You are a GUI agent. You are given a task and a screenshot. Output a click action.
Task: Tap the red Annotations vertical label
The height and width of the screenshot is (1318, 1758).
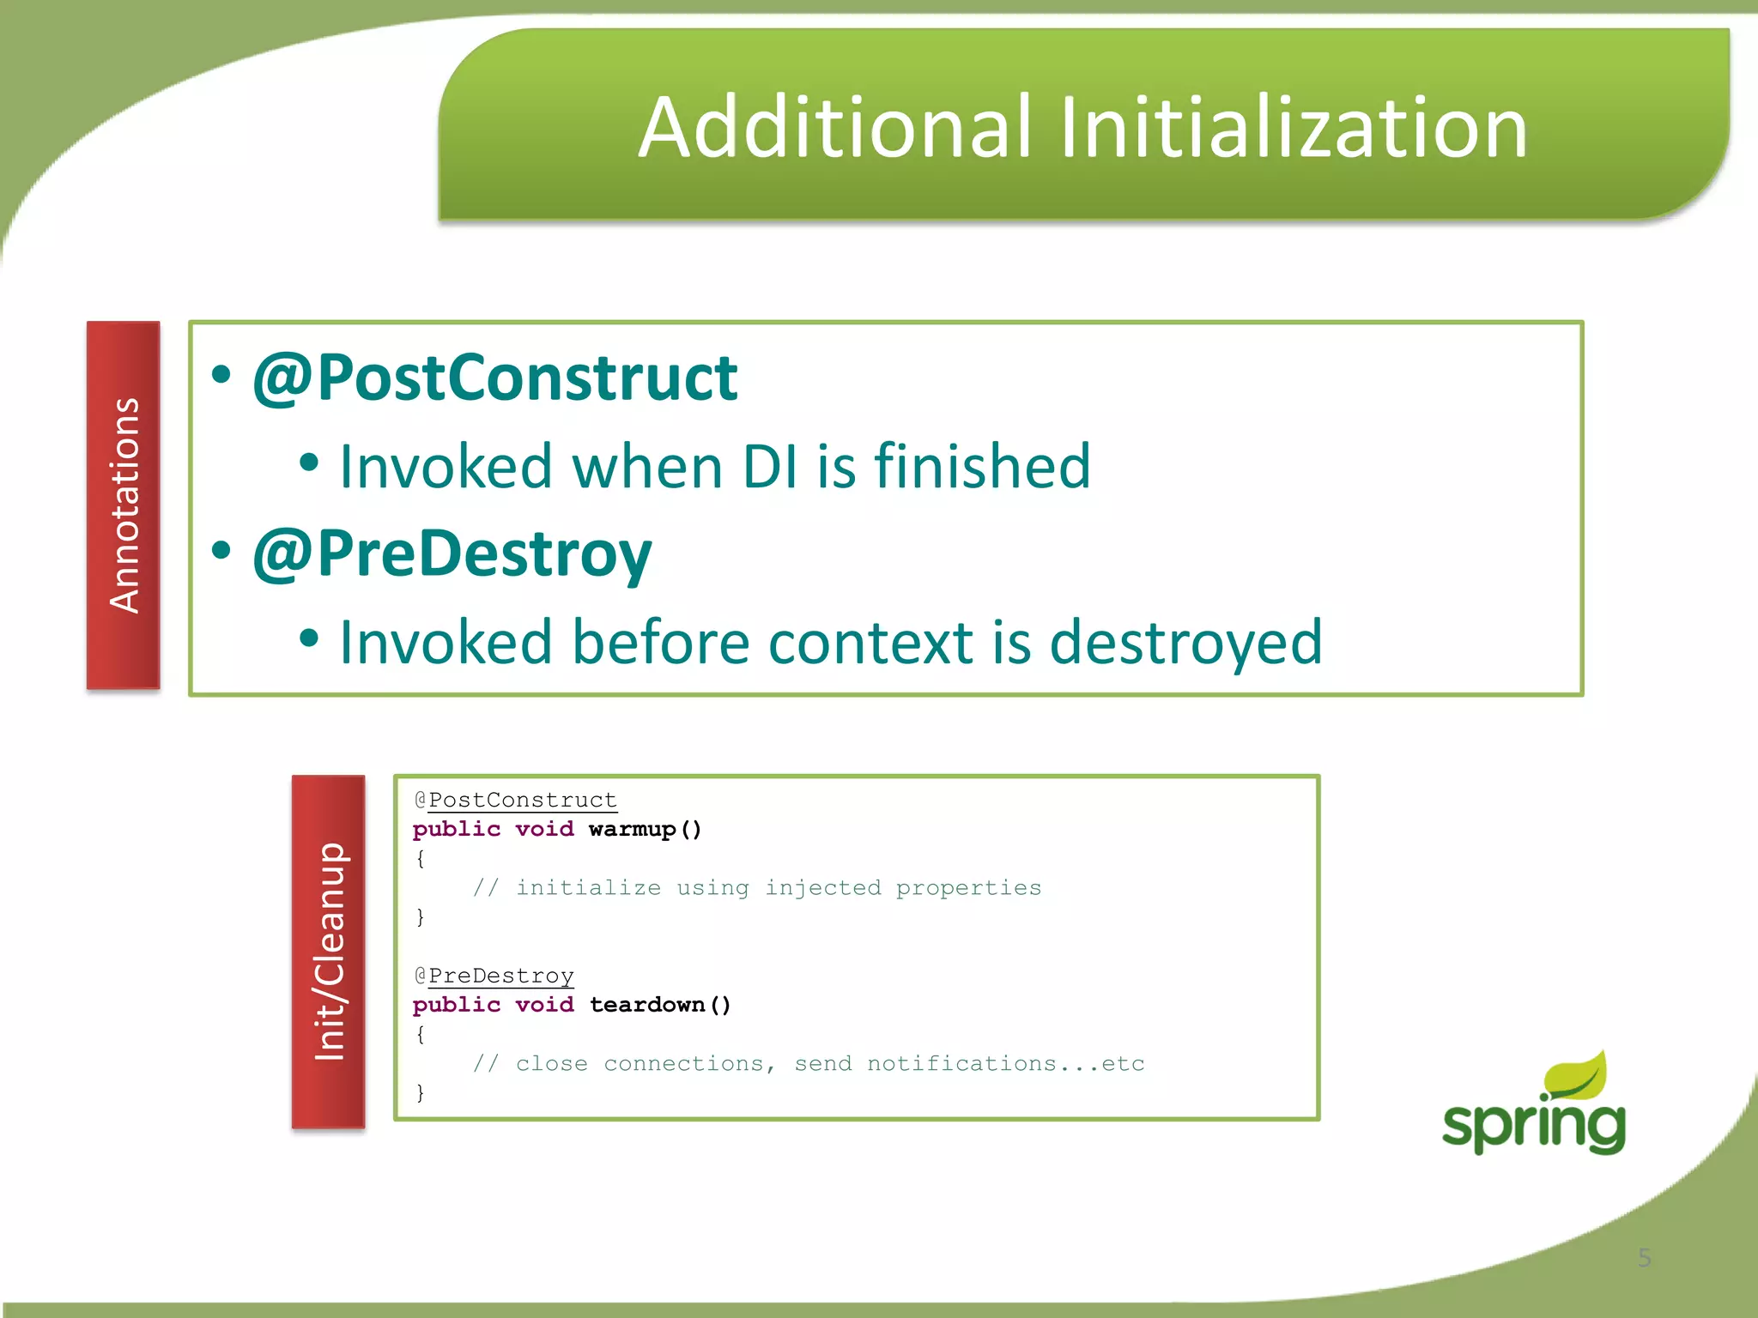pos(124,505)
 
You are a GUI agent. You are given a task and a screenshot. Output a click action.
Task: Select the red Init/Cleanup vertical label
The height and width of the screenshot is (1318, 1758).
pos(329,951)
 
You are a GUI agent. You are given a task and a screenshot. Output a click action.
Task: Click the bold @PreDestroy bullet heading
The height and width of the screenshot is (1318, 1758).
pos(452,554)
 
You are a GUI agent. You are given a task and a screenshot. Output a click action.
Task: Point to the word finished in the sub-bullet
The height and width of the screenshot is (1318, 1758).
pos(982,466)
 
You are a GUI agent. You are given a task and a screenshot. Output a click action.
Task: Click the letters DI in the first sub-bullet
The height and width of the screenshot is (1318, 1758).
pos(770,466)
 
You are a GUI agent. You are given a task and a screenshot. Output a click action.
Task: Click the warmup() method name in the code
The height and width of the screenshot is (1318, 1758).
pos(645,829)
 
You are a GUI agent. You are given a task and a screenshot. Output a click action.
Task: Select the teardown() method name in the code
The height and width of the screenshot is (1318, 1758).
pos(659,1005)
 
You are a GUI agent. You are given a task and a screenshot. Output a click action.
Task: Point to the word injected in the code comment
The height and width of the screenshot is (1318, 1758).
pos(822,887)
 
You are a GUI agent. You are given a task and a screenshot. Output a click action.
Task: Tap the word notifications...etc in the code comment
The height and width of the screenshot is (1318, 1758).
pos(1005,1063)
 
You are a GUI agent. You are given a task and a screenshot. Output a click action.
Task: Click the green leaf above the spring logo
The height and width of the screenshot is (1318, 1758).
pos(1576,1075)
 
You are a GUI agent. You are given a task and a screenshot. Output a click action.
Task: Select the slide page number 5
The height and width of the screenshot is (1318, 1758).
pos(1644,1257)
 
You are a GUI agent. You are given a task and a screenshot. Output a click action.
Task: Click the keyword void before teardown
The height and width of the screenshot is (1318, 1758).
pos(544,1005)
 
